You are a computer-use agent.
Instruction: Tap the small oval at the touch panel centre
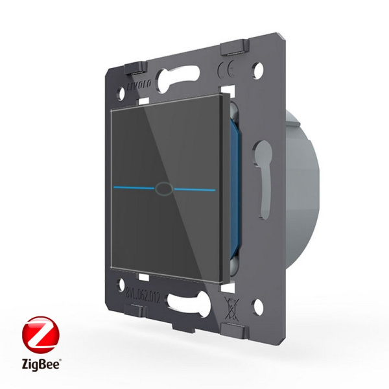(161, 189)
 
